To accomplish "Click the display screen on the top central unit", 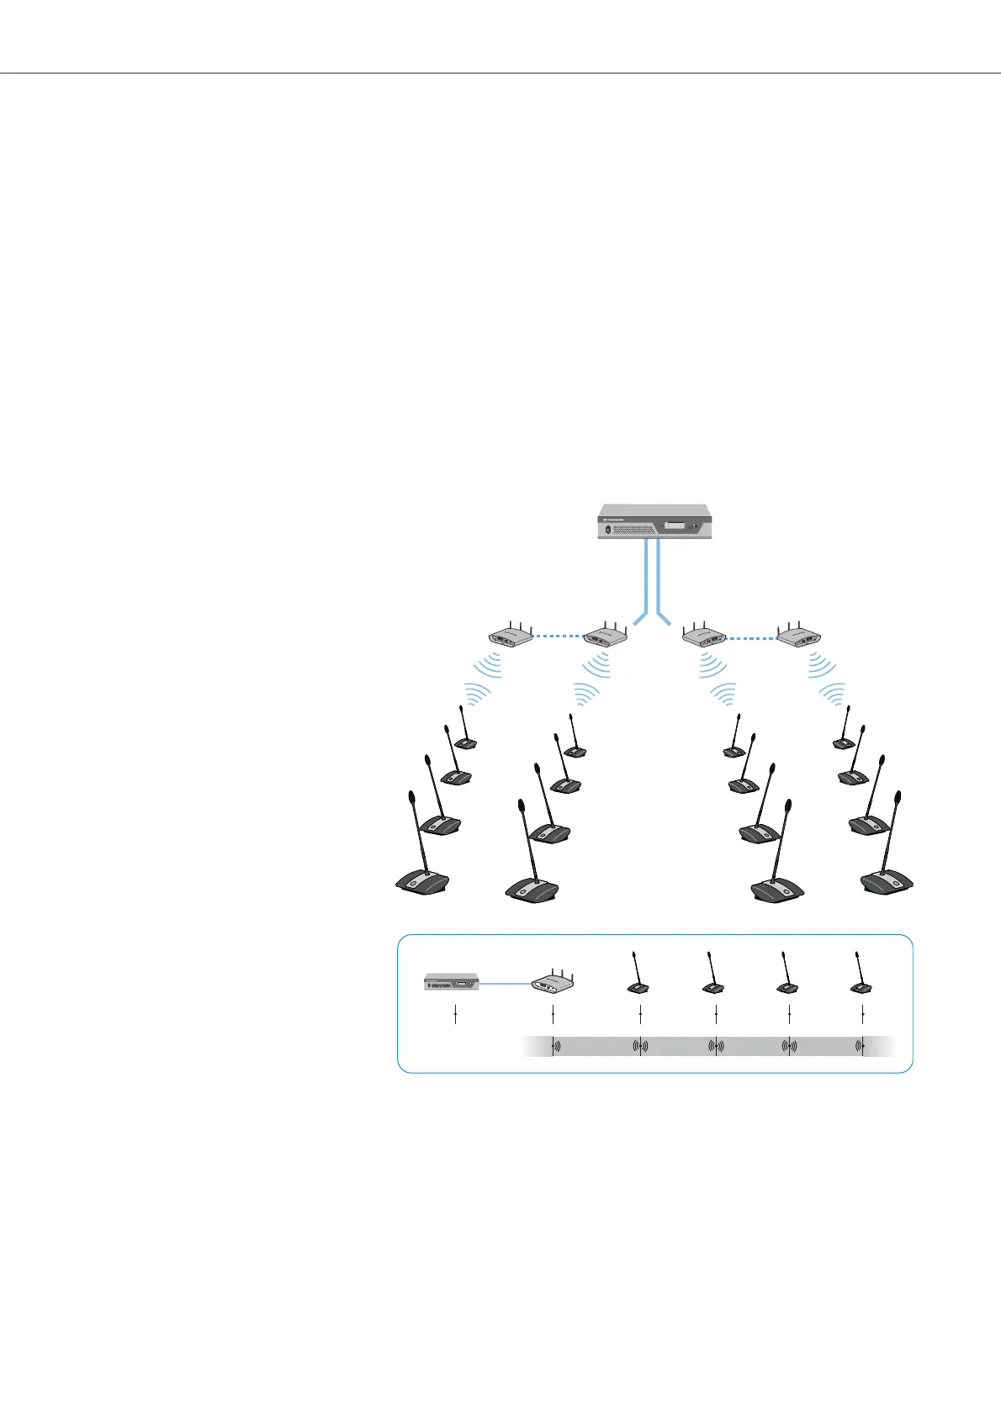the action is coord(674,526).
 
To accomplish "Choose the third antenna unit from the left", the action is coord(705,637).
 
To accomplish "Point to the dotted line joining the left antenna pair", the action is coord(558,636).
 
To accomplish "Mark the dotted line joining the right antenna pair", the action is coord(751,638).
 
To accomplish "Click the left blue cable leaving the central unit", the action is coord(645,580).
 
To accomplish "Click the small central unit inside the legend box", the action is coord(451,981).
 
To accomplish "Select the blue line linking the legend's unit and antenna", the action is coord(505,981).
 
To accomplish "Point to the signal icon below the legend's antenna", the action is coord(553,1047).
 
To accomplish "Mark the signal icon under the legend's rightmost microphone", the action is coord(861,1047).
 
